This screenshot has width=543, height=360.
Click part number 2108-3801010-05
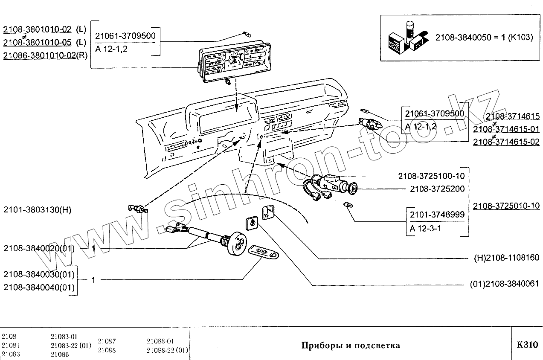(x=38, y=42)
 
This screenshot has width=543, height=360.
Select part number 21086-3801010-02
(x=40, y=55)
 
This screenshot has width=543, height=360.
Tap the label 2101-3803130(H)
(x=38, y=210)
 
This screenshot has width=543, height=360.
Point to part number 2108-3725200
(x=437, y=189)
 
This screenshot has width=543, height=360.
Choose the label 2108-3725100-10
(x=432, y=176)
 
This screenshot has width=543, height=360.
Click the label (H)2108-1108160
(x=507, y=258)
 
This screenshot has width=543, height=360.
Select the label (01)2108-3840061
(x=505, y=284)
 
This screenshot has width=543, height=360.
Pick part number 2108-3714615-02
(x=506, y=142)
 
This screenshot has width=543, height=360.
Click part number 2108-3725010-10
(x=506, y=206)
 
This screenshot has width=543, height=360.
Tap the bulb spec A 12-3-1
(x=425, y=228)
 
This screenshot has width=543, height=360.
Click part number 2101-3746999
(x=437, y=215)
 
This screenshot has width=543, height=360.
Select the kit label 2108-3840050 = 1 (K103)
(x=484, y=38)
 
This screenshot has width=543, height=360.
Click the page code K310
(x=528, y=345)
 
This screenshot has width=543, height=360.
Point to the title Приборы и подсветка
(x=351, y=345)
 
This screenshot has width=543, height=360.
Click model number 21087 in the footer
(x=107, y=341)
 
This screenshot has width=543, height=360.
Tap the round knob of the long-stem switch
(x=236, y=244)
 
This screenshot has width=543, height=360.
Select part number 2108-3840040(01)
(x=39, y=287)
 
